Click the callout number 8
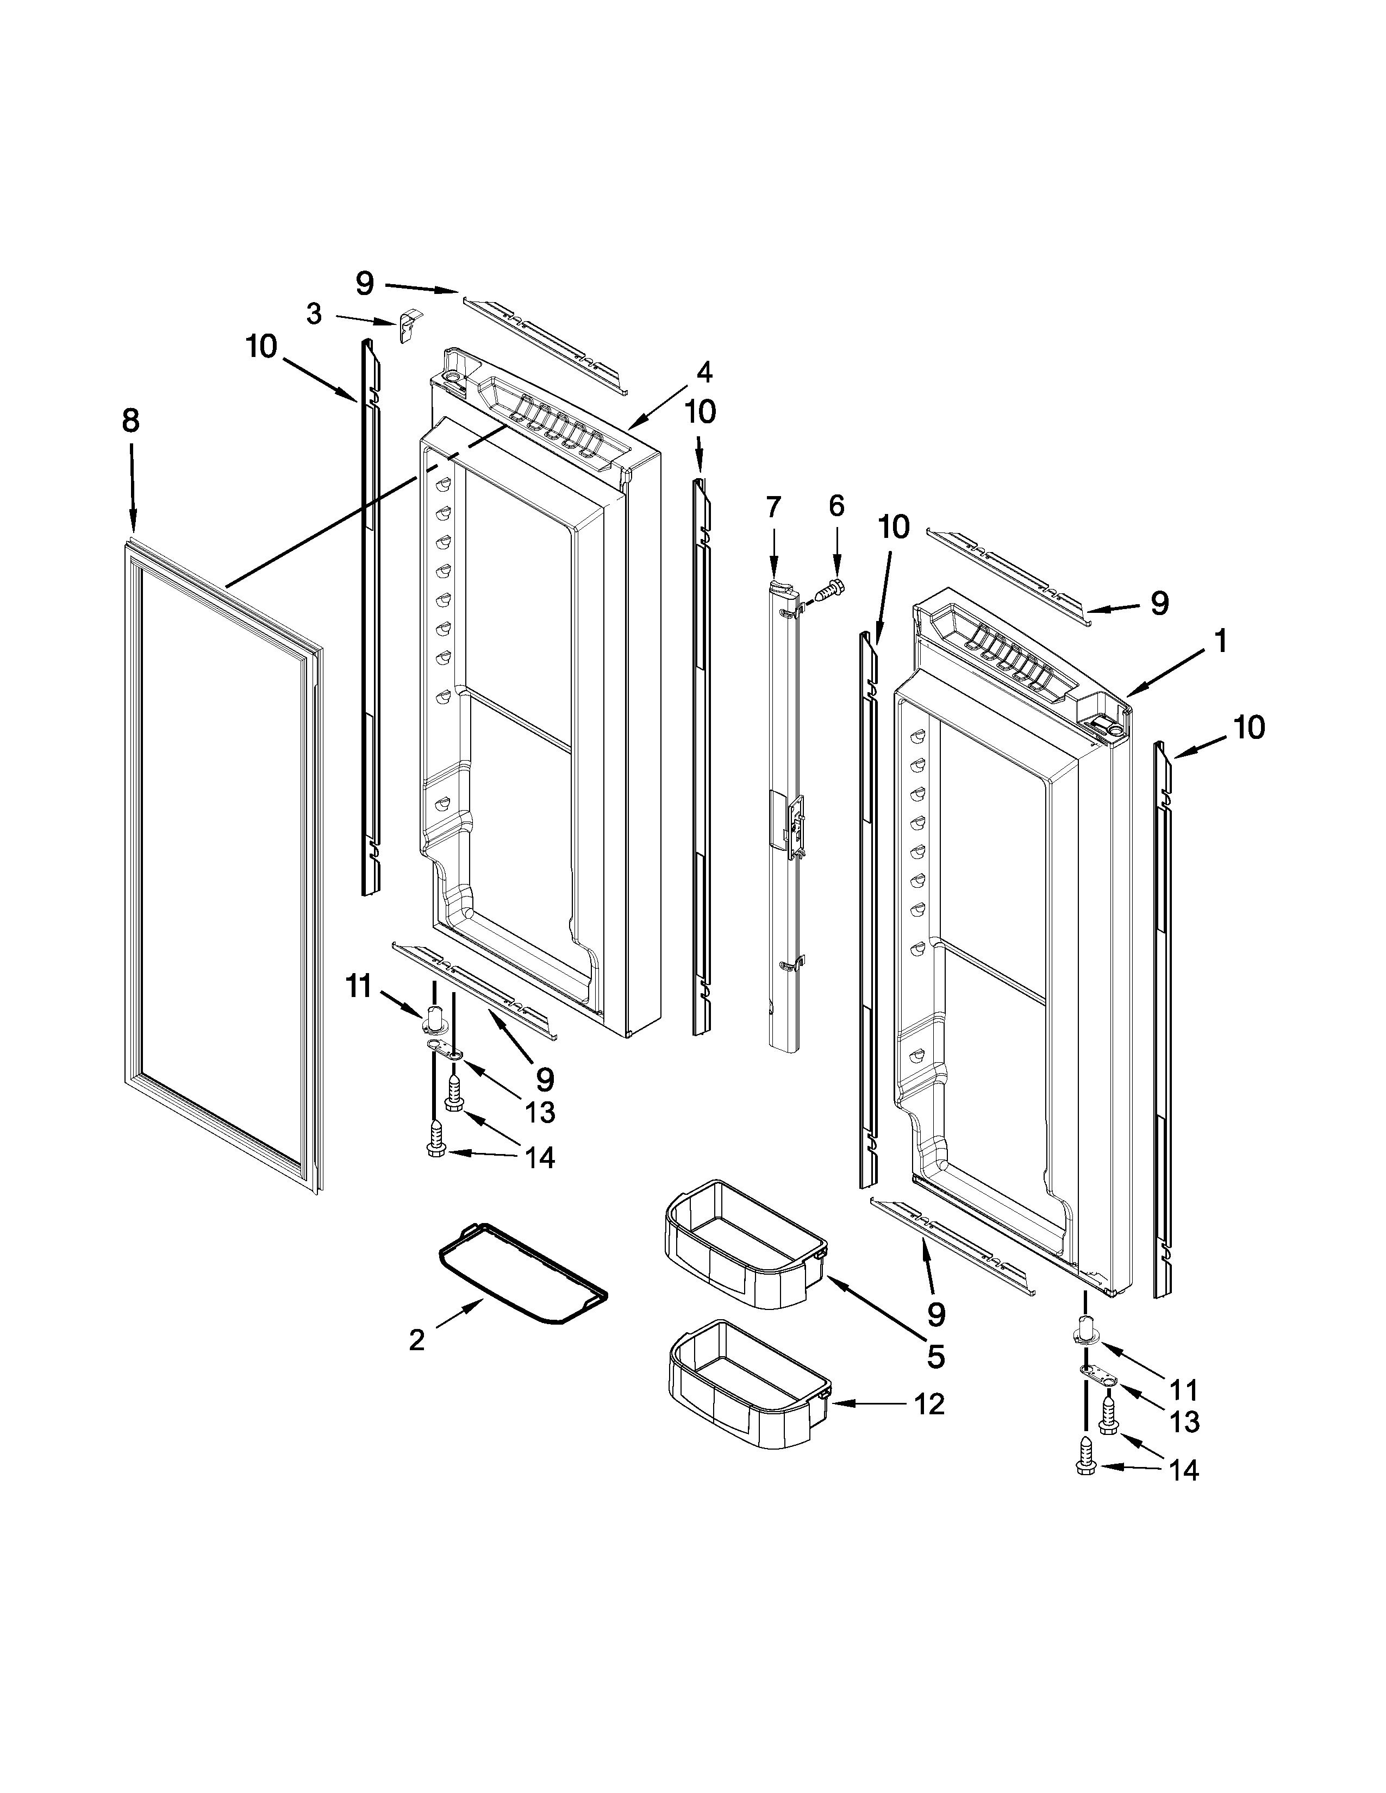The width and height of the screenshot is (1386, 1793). (130, 421)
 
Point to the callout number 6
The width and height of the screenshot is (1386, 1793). (836, 506)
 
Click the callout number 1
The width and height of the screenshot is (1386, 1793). (1220, 641)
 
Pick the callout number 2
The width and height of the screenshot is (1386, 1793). (417, 1340)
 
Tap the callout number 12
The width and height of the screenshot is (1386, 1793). (929, 1405)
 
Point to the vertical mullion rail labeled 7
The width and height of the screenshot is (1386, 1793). (786, 821)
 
